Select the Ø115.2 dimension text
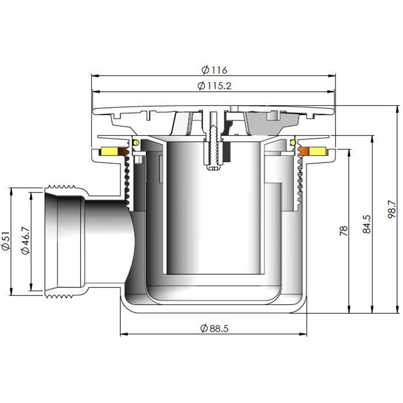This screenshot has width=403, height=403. pyautogui.click(x=214, y=86)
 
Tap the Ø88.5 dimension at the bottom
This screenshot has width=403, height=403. pyautogui.click(x=214, y=328)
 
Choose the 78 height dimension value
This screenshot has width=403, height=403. pyautogui.click(x=343, y=231)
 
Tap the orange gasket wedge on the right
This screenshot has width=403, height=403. pyautogui.click(x=303, y=152)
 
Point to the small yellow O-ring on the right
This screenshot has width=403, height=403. pyautogui.click(x=292, y=142)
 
